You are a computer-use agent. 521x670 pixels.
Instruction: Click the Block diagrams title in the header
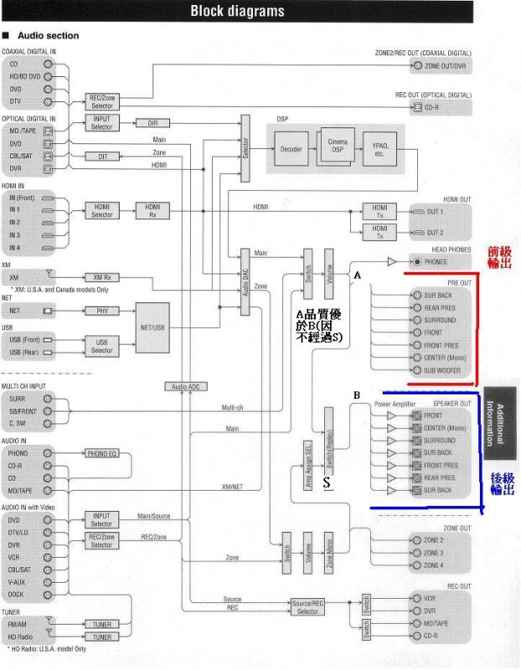pos(237,11)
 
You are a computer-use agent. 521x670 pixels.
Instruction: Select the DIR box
pos(152,123)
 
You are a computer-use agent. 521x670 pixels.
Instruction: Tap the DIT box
pos(102,157)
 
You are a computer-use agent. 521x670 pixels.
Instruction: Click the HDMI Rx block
pos(152,211)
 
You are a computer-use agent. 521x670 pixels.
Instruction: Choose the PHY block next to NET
pos(102,311)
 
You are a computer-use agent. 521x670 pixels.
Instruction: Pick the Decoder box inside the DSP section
pos(291,150)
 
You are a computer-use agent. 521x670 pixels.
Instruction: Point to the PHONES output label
pos(436,262)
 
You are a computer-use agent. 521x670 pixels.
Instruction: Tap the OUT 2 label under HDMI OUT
pos(435,233)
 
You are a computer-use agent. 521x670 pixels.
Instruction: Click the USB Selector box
pos(102,345)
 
